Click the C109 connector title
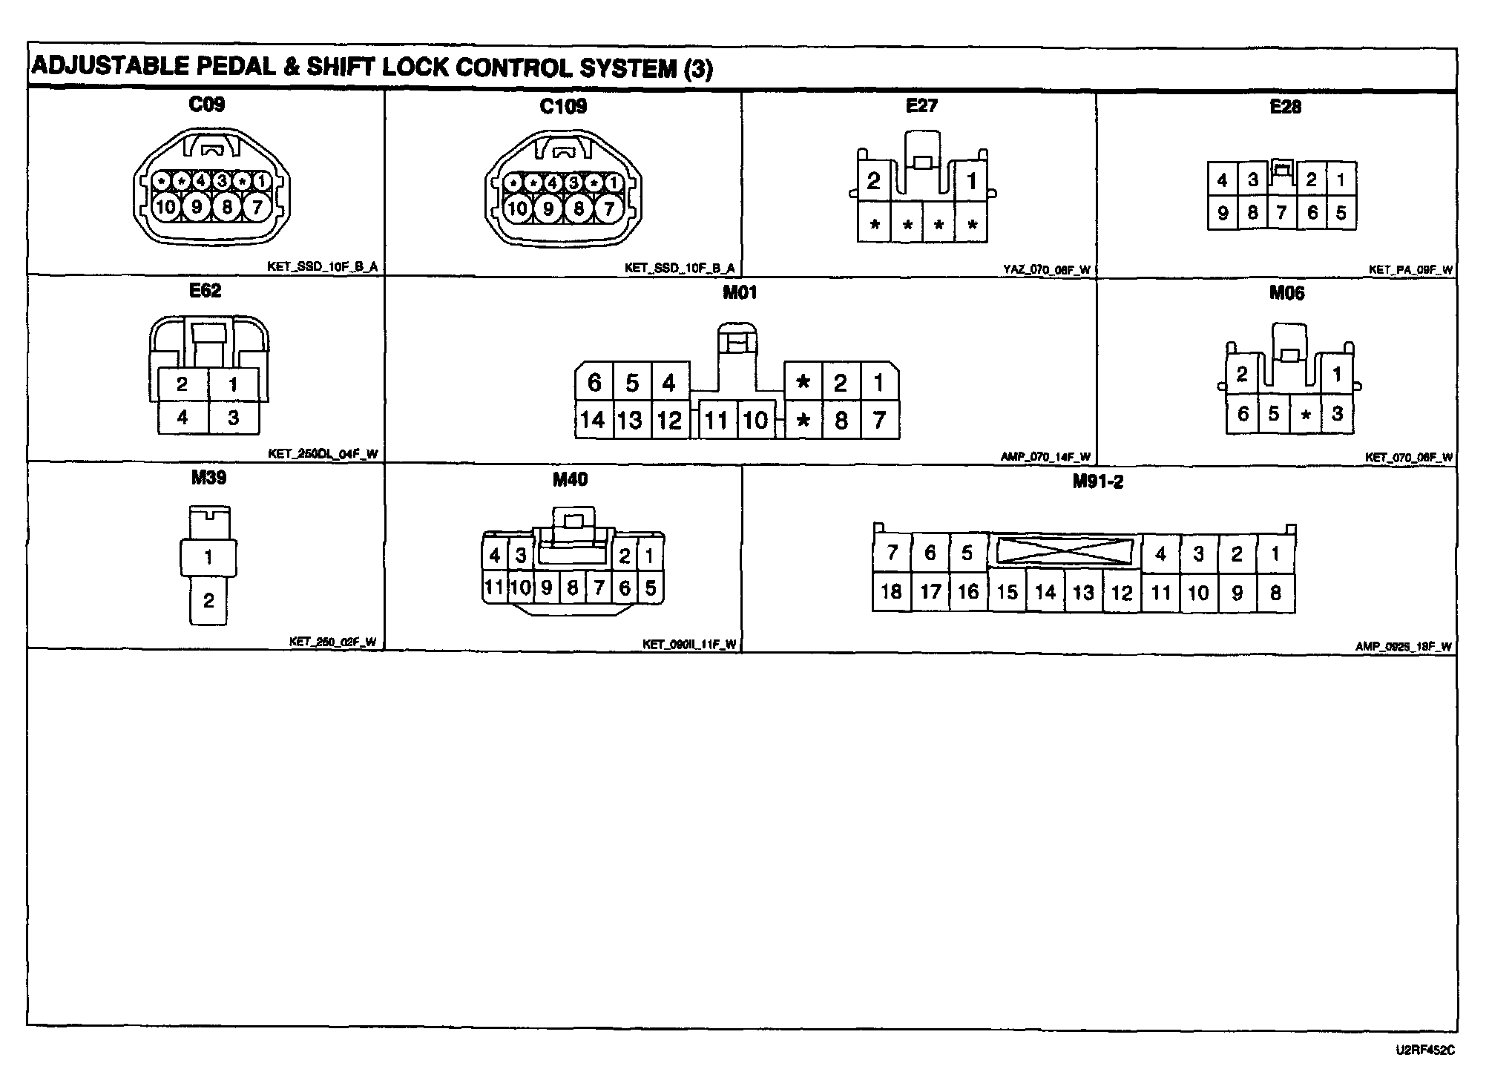coord(563,107)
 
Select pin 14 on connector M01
coord(592,421)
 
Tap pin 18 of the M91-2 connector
coord(891,591)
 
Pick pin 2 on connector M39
coord(208,600)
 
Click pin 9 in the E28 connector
coord(1223,214)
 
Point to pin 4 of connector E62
coord(183,418)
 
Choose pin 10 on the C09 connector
coord(165,207)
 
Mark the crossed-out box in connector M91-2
coord(1065,551)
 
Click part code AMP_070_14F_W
coord(1045,457)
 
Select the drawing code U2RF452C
coord(1425,1050)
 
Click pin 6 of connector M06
coord(1243,413)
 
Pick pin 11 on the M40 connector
coord(493,588)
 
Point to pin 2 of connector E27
coord(873,180)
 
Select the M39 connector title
coord(208,478)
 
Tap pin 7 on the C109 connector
coord(609,208)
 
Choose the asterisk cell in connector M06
coord(1306,415)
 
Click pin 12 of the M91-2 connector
coord(1122,593)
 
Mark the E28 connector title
coord(1285,107)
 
